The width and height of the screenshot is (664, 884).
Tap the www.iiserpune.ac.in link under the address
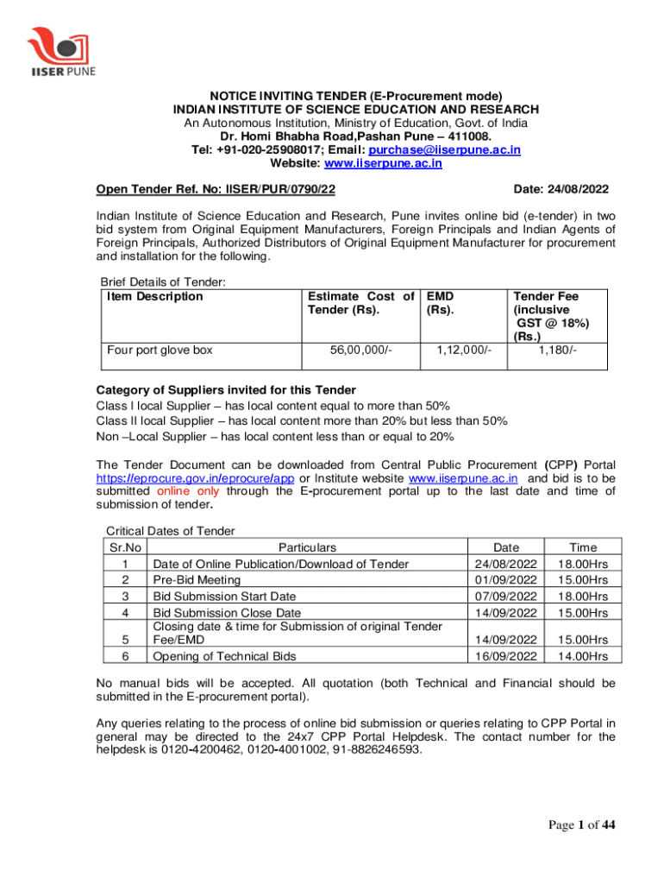[394, 163]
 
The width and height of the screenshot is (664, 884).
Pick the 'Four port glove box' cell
[160, 350]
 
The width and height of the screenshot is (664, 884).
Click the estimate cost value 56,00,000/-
[360, 350]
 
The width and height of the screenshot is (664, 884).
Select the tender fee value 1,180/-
[558, 350]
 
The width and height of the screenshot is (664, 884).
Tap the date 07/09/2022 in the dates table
[506, 596]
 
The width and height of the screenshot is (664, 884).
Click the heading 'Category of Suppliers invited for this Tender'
[225, 389]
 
